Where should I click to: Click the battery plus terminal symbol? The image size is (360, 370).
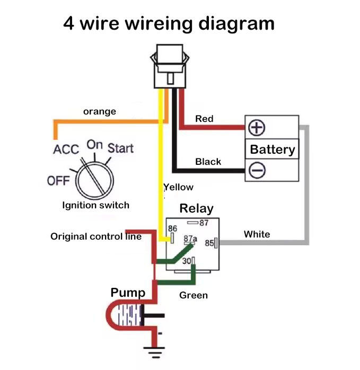[x=257, y=128]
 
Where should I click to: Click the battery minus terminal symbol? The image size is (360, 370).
[x=257, y=170]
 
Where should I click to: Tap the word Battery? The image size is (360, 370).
[x=273, y=149]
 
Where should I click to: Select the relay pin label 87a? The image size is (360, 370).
[x=190, y=239]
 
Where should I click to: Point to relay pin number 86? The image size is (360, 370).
[x=172, y=228]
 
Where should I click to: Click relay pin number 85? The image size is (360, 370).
[x=209, y=243]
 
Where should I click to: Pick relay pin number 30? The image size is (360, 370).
[x=187, y=261]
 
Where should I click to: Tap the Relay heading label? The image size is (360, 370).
[x=196, y=209]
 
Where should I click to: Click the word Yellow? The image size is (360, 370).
[x=179, y=187]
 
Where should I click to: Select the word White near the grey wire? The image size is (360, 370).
[x=257, y=234]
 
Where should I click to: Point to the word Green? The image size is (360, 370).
[x=194, y=295]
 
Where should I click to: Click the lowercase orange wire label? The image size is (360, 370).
[x=100, y=112]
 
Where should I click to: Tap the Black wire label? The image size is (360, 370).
[x=208, y=162]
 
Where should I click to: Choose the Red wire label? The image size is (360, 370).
[x=204, y=119]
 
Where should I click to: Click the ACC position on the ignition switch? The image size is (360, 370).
[x=66, y=149]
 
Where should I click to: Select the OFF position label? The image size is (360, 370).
[x=58, y=181]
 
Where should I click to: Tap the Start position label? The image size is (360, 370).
[x=120, y=148]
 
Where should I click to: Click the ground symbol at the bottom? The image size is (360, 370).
[x=154, y=353]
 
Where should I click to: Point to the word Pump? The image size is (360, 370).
[x=128, y=293]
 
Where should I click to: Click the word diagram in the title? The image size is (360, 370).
[x=236, y=24]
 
